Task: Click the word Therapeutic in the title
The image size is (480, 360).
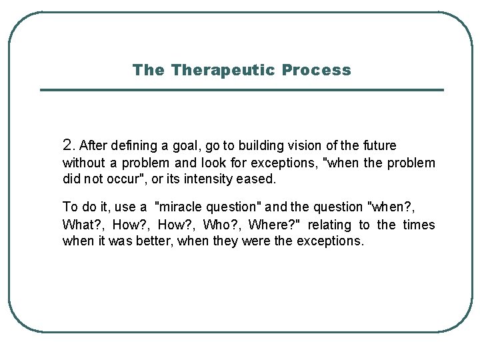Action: click(x=223, y=70)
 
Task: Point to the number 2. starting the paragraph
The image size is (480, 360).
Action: click(x=69, y=145)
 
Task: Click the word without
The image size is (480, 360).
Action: click(x=83, y=163)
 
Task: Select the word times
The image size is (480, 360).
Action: click(x=419, y=225)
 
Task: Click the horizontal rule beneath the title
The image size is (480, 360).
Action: click(x=241, y=90)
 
